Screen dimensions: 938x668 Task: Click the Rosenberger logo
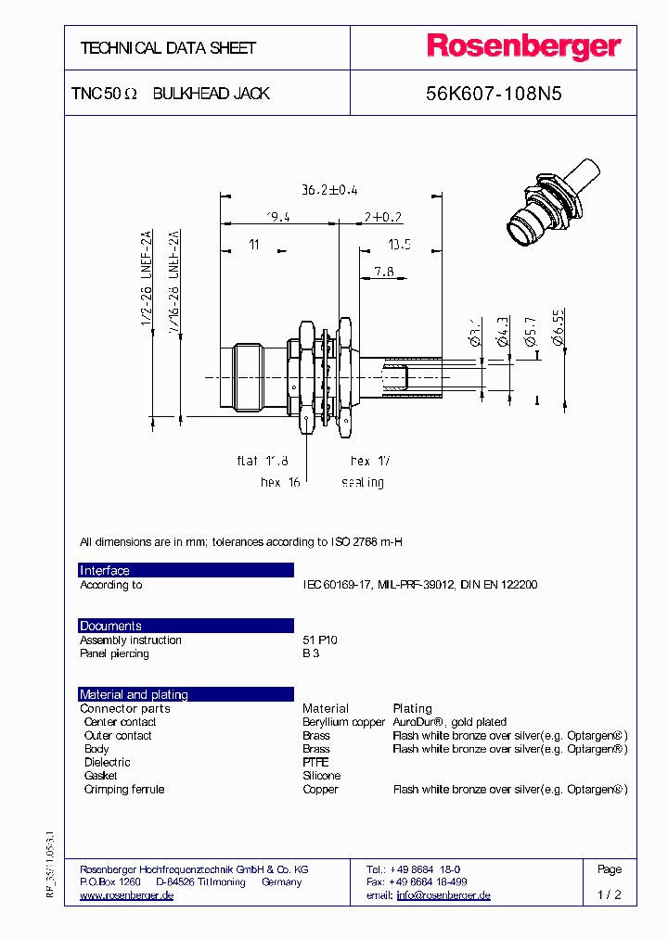pos(523,47)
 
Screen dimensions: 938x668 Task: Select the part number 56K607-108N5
pos(494,94)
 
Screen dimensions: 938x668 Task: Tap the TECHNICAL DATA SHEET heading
pos(168,48)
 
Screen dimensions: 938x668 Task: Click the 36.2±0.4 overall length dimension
pos(328,190)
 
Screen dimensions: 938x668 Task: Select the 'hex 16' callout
pos(281,483)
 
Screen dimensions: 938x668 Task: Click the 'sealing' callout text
pos(362,483)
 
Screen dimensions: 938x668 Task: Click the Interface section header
pos(105,571)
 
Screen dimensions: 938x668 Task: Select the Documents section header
pos(110,627)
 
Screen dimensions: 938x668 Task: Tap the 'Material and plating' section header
pos(134,695)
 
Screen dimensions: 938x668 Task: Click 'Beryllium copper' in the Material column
pos(343,722)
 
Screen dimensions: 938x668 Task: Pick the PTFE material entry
pos(315,763)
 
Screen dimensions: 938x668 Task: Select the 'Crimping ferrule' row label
pos(123,790)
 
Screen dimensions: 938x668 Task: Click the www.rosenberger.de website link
pos(126,895)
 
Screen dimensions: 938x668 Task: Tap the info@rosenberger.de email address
pos(443,895)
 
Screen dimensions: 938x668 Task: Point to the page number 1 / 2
pos(610,895)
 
